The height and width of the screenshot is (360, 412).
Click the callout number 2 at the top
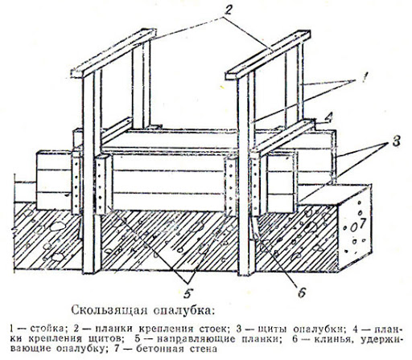tap(228, 10)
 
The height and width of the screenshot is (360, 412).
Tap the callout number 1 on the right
tap(362, 77)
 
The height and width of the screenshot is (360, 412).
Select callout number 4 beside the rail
tap(329, 118)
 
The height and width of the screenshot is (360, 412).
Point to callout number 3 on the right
tap(396, 141)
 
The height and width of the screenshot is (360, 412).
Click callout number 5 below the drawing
tap(188, 293)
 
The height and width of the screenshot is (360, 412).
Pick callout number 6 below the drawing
tap(302, 292)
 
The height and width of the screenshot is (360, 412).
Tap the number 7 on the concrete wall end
tap(362, 223)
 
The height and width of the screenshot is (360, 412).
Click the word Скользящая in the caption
tap(109, 311)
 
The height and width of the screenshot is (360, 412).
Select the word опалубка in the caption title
tap(183, 311)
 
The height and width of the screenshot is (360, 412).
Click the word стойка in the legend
tap(47, 329)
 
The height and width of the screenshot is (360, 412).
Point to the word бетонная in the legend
tap(160, 349)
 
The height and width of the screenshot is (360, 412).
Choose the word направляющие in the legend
tap(196, 339)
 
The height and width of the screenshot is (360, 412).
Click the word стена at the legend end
tap(203, 349)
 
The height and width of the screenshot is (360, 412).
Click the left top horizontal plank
tap(113, 53)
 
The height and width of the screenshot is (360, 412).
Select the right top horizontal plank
tap(268, 55)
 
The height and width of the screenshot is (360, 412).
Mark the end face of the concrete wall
tap(355, 227)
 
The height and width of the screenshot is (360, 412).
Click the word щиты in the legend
tap(273, 329)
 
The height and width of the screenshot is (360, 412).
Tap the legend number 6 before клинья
tap(295, 339)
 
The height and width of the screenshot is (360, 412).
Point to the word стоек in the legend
tap(212, 329)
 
